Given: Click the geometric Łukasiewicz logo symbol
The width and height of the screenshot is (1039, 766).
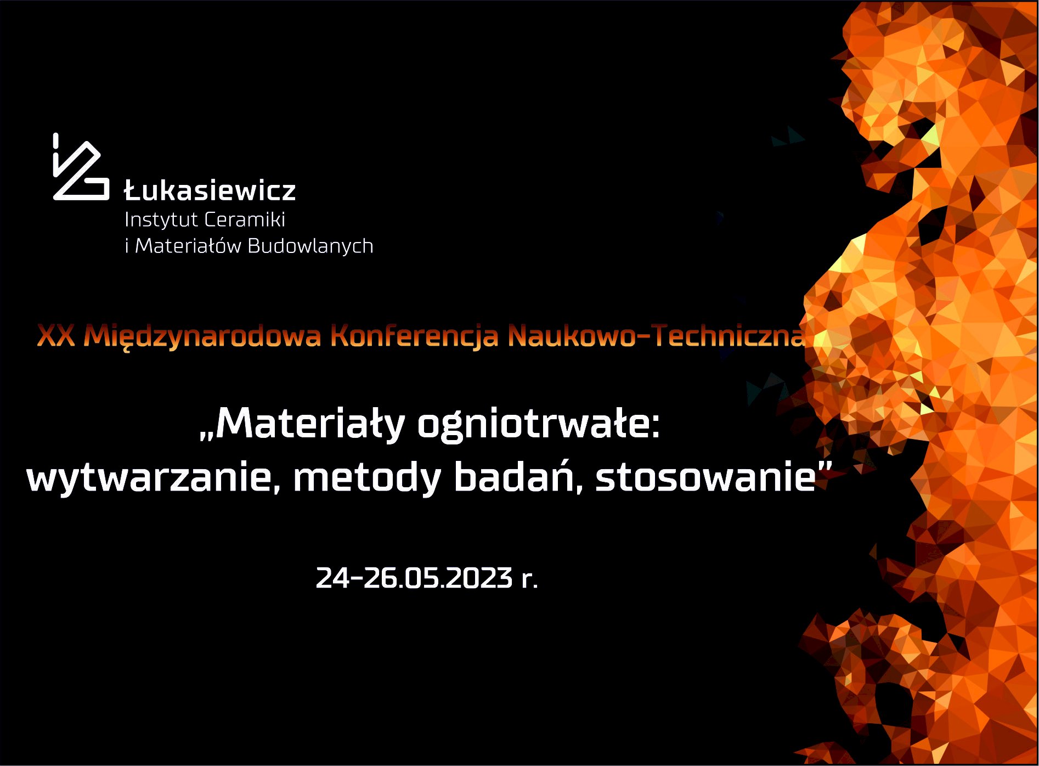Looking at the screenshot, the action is click(81, 167).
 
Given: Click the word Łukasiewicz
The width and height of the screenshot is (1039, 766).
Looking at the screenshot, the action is click(210, 190).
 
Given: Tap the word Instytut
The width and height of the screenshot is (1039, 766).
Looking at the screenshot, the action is click(161, 219).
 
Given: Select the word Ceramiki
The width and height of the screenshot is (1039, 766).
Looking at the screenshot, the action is click(245, 219).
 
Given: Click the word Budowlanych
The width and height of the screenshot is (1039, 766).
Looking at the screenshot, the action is click(310, 246).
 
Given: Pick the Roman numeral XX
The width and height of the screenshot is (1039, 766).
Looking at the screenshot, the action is click(56, 335).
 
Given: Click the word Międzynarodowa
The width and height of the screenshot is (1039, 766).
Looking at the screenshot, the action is click(202, 336).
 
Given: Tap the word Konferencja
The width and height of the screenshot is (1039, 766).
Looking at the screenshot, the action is click(415, 336).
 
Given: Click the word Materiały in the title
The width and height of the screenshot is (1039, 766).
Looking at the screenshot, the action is click(310, 424).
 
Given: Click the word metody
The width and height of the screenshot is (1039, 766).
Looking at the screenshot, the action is click(367, 477).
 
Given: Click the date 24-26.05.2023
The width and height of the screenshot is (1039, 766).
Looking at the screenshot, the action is click(415, 578).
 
